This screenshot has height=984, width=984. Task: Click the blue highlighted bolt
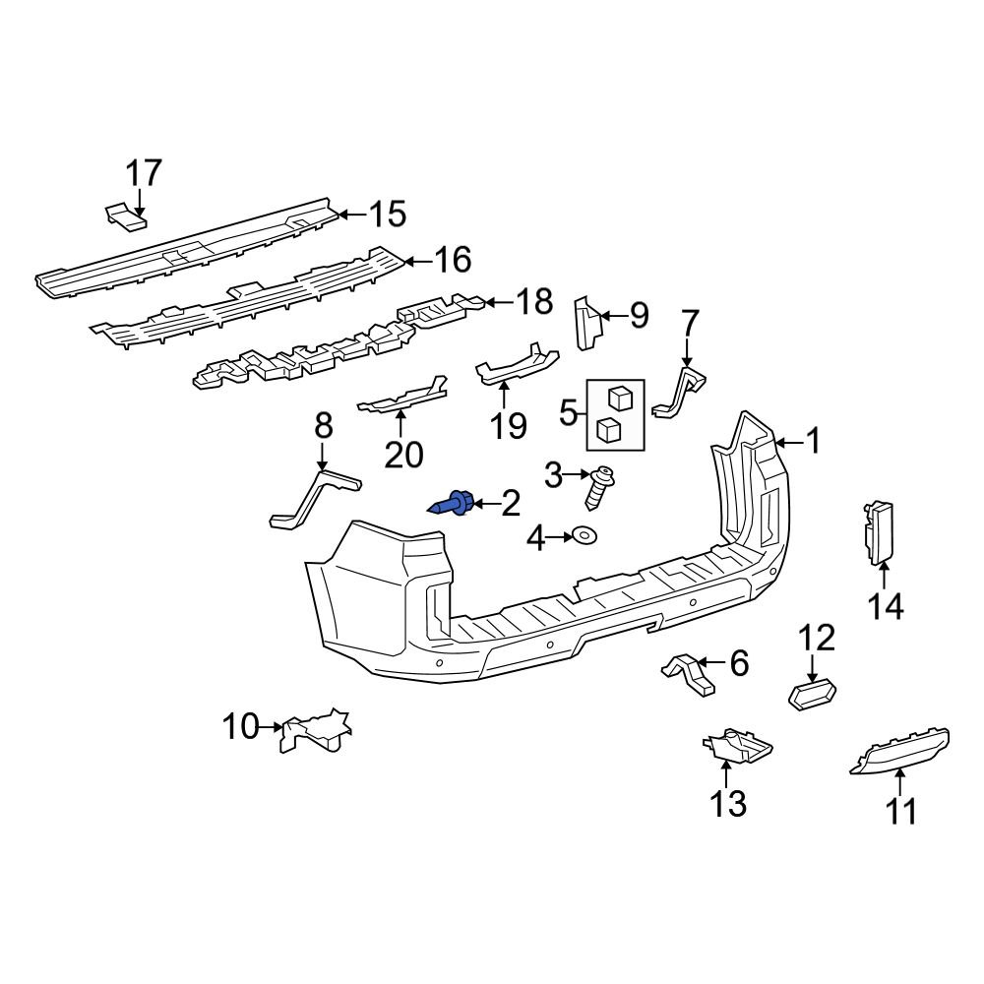pos(455,505)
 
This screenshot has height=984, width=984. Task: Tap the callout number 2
pos(510,506)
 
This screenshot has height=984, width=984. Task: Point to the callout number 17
pos(143,174)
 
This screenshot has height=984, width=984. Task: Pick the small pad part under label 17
pos(126,216)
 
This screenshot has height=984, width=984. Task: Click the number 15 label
pos(387,214)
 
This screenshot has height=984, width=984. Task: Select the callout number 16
pos(452,261)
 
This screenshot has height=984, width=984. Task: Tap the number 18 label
pos(534,302)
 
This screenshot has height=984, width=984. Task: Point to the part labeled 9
pos(587,322)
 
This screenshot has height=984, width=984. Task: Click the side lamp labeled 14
pos(878,532)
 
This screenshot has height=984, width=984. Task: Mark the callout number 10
pos(239,728)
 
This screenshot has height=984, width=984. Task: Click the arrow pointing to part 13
pos(727,774)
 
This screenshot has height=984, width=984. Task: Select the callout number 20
pos(402,454)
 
